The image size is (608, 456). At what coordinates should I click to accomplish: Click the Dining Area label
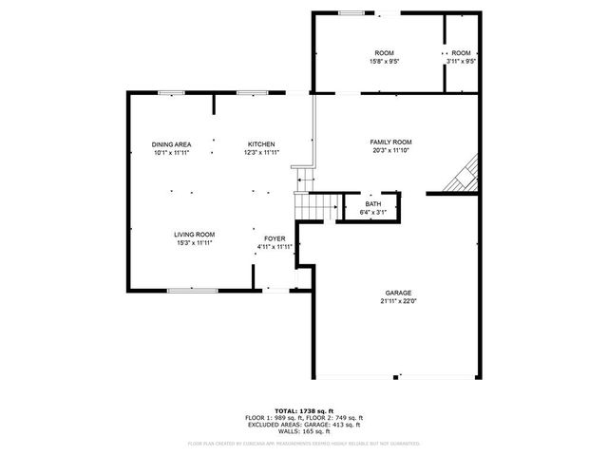pos(171,144)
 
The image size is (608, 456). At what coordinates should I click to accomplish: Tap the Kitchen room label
pos(261,144)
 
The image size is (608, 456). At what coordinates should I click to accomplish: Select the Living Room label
pos(194,235)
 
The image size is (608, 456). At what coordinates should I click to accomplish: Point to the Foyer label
pos(275,238)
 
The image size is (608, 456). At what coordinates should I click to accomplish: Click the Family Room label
pos(390,142)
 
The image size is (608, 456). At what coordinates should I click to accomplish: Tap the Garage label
pos(397,294)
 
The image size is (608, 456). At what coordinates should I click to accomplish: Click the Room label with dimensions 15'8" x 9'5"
pos(384,52)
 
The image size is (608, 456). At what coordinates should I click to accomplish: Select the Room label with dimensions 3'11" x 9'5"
pos(462,52)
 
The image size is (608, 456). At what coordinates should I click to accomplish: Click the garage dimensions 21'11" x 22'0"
pos(397,302)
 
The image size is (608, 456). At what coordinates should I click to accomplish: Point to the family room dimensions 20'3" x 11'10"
pos(390,150)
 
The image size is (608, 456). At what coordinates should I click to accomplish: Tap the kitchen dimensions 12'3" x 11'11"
pos(261,153)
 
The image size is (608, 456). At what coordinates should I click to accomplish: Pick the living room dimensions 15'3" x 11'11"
pos(194,243)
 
